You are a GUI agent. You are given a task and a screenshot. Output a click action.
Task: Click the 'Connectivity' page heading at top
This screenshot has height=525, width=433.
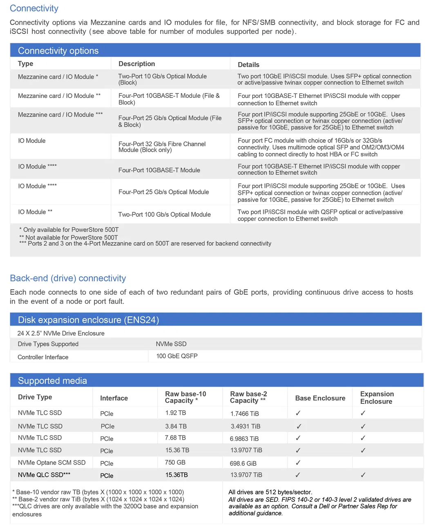point(34,9)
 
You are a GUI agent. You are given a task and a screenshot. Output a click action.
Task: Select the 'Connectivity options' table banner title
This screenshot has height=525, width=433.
point(58,51)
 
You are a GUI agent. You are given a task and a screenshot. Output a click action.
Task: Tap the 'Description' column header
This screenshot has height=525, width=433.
point(136,64)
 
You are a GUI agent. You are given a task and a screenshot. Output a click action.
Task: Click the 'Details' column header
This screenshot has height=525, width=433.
point(248,65)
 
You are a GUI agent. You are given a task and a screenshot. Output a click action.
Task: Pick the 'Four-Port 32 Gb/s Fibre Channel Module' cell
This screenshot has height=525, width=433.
point(162,147)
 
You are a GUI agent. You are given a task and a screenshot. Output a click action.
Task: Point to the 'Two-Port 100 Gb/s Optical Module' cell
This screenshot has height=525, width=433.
point(164,214)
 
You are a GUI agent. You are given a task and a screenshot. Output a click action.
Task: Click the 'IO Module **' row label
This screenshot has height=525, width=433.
point(35,212)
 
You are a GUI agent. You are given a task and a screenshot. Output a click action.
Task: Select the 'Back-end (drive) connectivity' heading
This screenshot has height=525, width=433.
point(68,278)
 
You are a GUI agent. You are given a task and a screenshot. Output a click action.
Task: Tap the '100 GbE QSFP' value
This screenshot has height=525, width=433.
point(176,356)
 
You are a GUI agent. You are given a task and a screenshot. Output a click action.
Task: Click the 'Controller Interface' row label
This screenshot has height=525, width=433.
point(43,357)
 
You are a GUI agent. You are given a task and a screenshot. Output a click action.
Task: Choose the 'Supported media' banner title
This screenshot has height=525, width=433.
point(52,381)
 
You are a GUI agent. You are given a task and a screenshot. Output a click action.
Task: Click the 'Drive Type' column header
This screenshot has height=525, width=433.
point(35,397)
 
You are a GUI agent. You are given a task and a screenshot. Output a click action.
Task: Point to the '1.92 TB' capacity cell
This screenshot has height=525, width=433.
point(175,413)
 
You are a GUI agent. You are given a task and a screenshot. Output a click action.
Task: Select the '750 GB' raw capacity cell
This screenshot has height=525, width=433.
point(175,463)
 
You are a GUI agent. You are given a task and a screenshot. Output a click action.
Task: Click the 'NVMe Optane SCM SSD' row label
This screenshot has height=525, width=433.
point(51,463)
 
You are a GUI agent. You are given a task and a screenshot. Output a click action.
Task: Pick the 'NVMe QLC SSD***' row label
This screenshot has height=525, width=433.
point(44,475)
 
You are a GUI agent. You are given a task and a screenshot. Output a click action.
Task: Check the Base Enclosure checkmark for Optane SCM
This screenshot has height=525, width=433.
point(298,463)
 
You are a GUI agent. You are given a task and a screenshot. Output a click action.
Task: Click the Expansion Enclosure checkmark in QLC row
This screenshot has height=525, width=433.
point(363,475)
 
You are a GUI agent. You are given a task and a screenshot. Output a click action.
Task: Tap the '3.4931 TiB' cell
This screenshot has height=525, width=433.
point(245,426)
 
